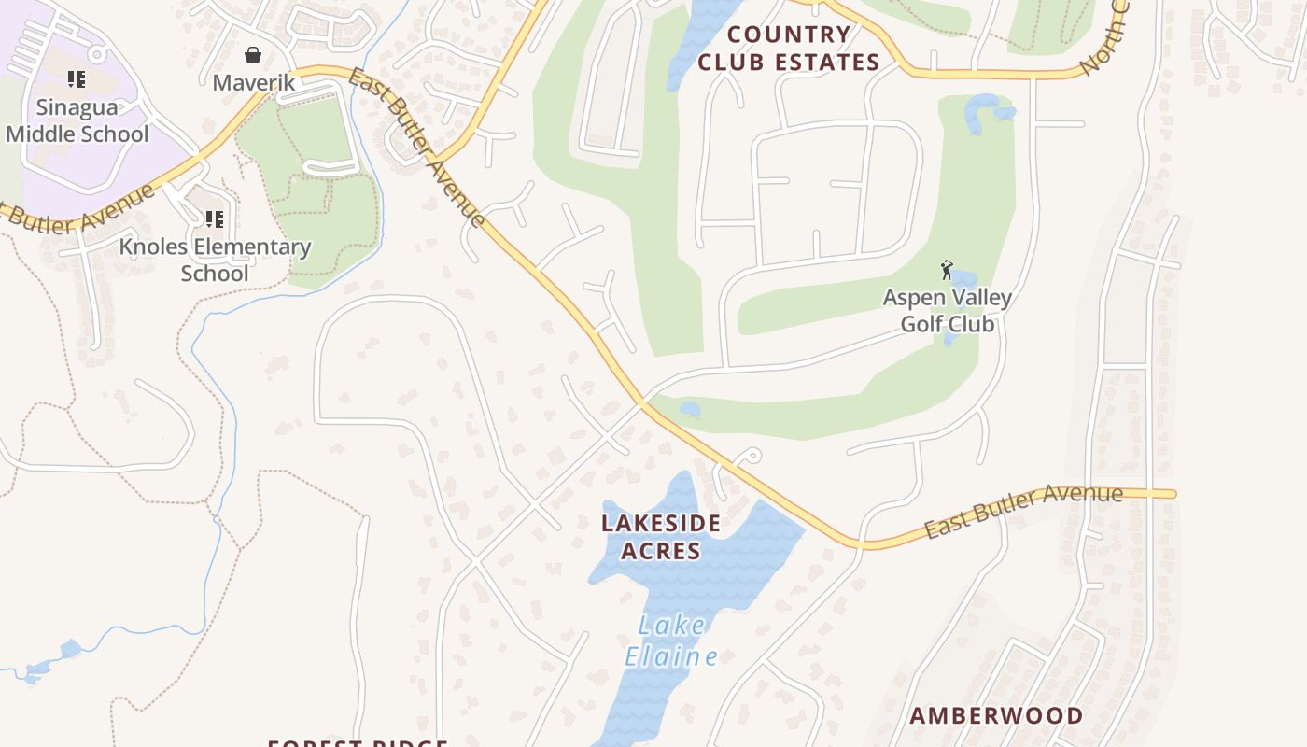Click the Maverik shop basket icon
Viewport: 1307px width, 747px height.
tap(252, 55)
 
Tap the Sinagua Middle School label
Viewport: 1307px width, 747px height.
tap(77, 120)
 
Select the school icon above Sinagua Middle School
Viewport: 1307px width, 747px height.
tap(77, 79)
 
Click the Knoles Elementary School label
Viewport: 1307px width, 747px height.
tap(215, 260)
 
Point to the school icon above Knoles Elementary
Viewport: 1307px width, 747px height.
tap(214, 219)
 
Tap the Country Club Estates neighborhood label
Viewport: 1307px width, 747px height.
tap(789, 49)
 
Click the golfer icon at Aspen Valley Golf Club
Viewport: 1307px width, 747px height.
tap(948, 270)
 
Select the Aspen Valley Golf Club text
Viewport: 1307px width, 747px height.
tap(948, 311)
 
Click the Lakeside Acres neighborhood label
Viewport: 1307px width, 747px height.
tap(661, 536)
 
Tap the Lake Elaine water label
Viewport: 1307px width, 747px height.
tap(671, 641)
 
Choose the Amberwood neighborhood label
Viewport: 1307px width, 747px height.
tap(996, 716)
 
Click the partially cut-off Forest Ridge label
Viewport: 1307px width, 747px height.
tap(358, 742)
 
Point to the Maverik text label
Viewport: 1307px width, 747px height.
tap(253, 82)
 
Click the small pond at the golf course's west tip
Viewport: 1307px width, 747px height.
tap(690, 409)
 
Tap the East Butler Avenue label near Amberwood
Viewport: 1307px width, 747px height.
tap(1023, 510)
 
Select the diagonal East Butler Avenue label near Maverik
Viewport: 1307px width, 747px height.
tap(417, 147)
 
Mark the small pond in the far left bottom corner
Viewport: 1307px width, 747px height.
tap(69, 648)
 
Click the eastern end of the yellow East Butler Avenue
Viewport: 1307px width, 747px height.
tap(1172, 493)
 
